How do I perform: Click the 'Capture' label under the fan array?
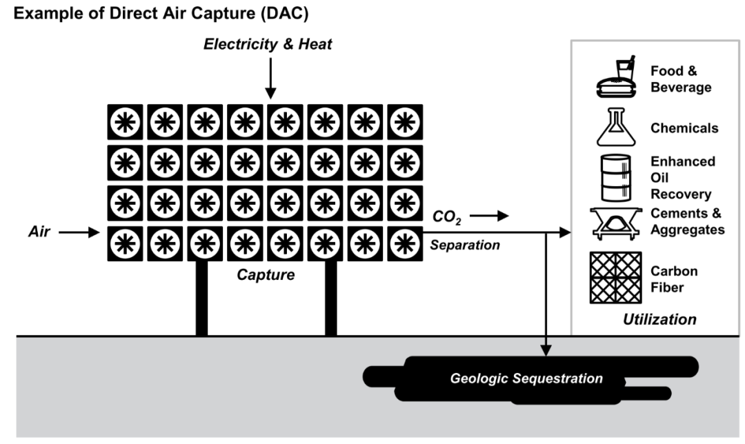(266, 275)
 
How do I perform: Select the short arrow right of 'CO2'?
(490, 216)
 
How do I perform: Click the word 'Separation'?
(465, 245)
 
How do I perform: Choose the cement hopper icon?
(615, 223)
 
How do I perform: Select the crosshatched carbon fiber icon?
(615, 278)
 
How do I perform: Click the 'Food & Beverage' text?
(680, 79)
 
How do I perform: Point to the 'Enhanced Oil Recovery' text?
(682, 177)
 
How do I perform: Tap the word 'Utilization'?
(659, 319)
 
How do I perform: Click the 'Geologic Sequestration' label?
(526, 379)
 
